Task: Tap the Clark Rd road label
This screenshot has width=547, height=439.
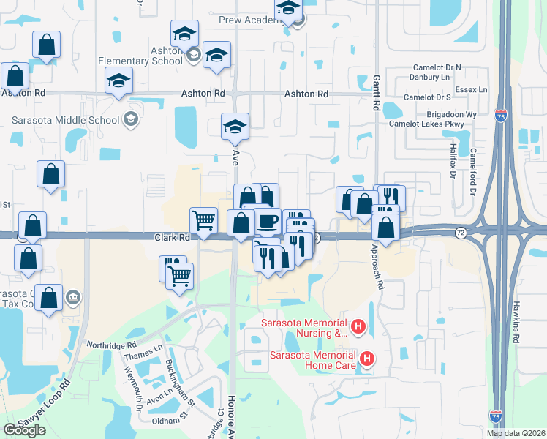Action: tap(172, 238)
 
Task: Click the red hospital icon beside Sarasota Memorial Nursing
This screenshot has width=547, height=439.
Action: tap(358, 327)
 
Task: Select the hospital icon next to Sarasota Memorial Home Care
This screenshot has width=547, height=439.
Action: tap(367, 359)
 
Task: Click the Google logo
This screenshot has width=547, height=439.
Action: tap(24, 429)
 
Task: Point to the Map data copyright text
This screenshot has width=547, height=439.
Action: tap(516, 433)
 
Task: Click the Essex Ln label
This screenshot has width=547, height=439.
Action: tap(471, 89)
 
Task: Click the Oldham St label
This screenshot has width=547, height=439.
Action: tap(170, 421)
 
